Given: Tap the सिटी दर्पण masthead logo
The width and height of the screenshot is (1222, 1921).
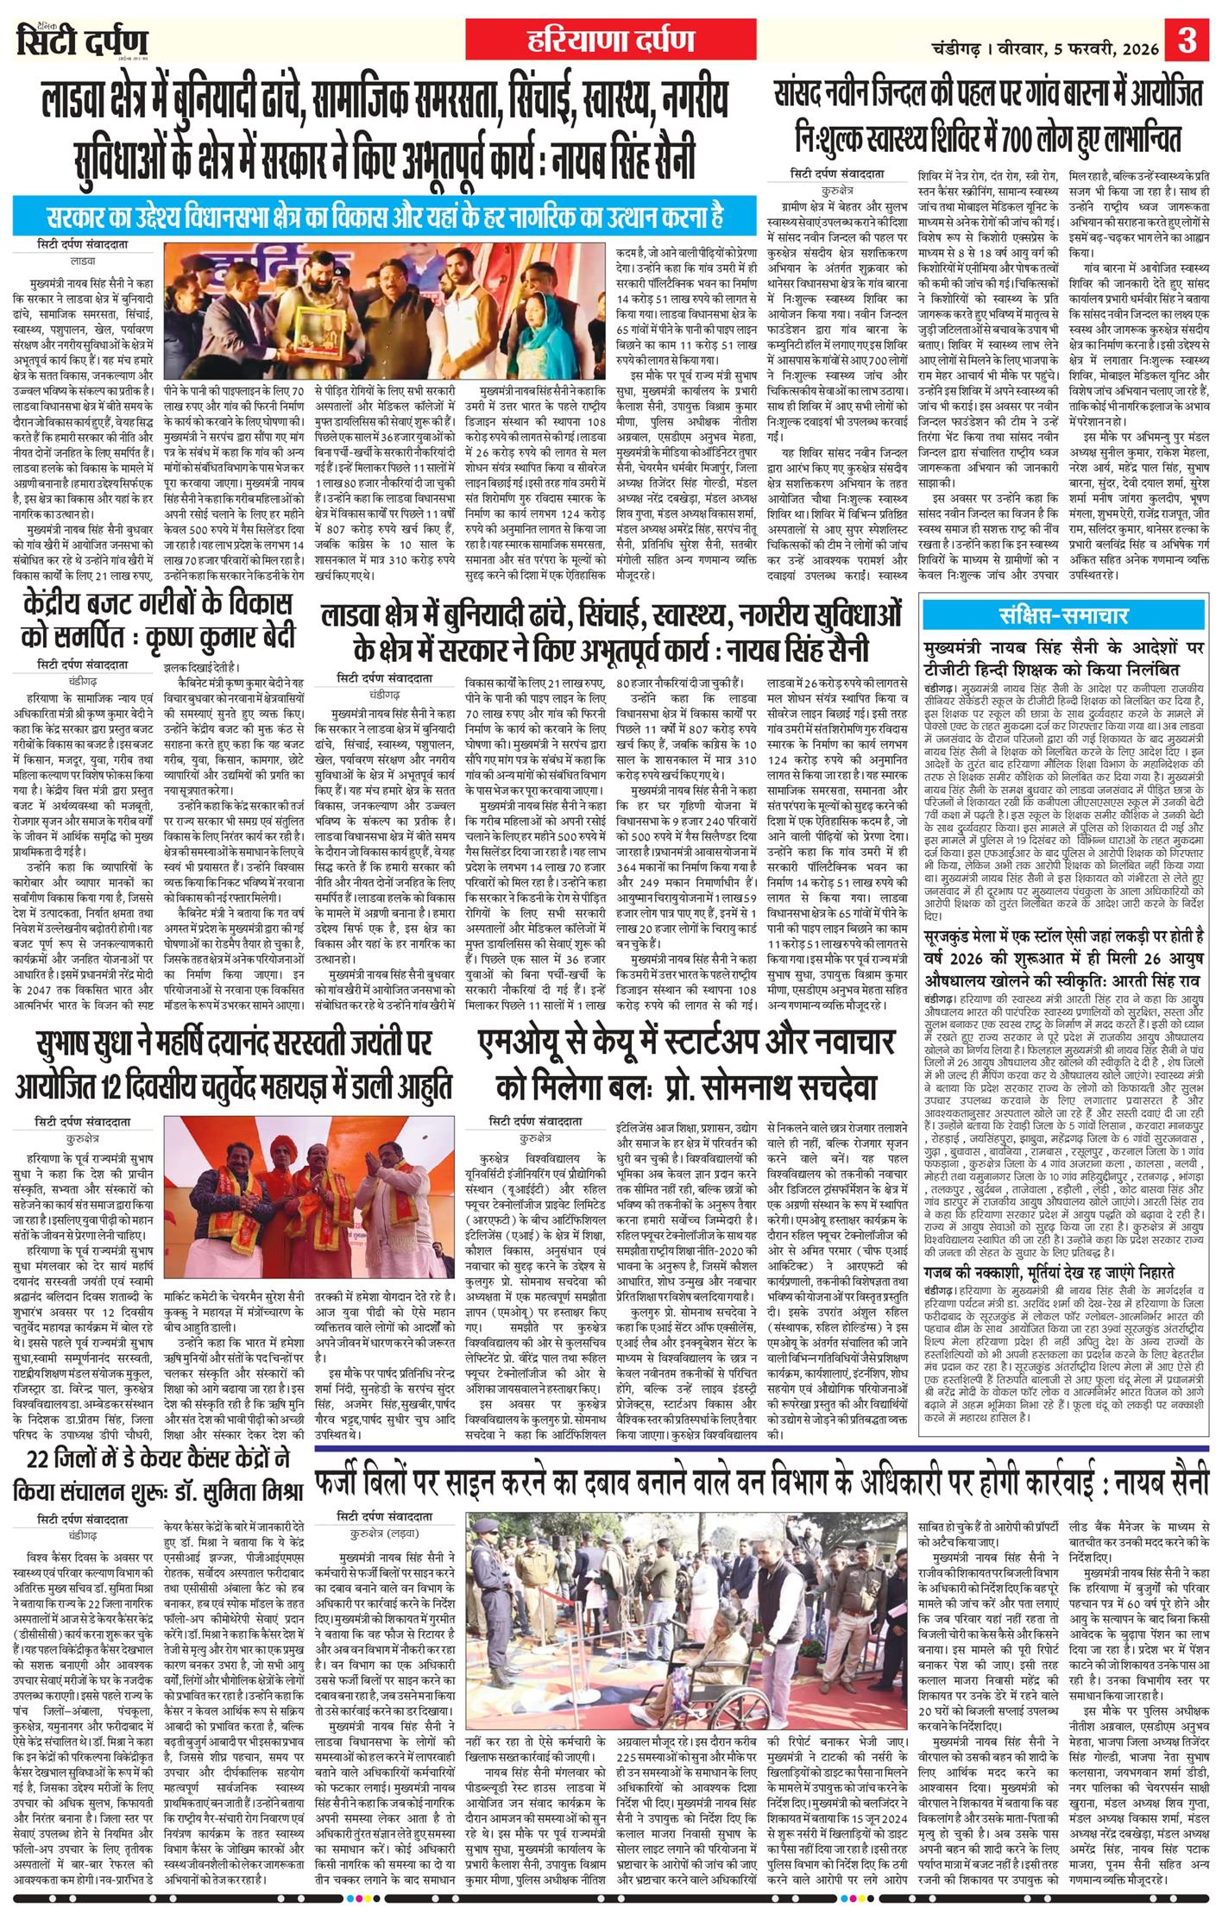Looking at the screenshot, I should tap(83, 41).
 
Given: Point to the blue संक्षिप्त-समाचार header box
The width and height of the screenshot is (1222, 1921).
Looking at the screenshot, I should tap(1063, 614).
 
